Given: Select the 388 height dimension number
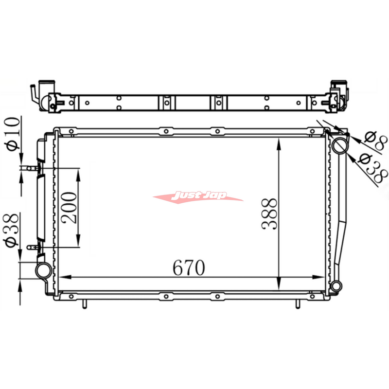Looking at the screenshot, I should [270, 214].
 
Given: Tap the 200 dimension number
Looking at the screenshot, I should [70, 207].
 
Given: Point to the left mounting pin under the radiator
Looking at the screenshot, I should [85, 304].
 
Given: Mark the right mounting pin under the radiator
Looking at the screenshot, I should [297, 304].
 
